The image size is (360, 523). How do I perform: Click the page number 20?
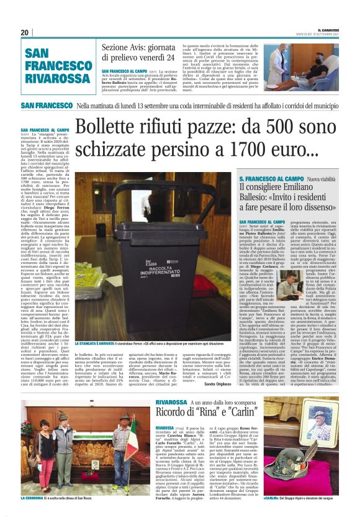25,32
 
